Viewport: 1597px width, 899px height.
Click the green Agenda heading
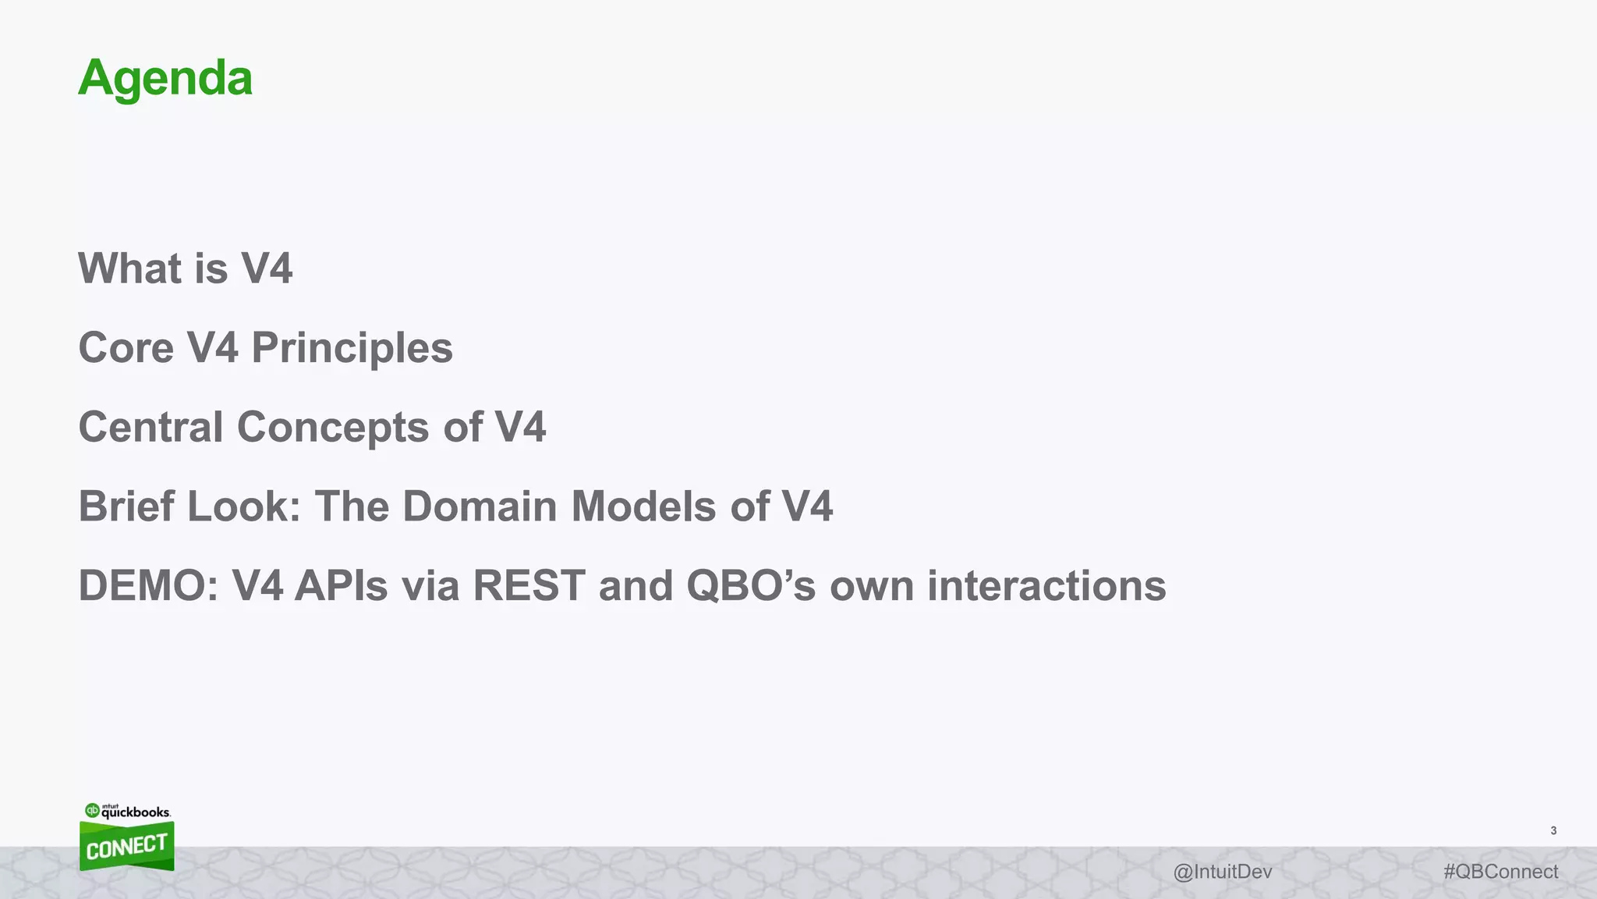(x=165, y=78)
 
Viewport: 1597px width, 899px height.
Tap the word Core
(x=126, y=348)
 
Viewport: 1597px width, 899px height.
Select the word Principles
(x=352, y=348)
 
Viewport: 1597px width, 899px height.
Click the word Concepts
(x=333, y=428)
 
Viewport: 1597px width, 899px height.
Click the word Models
(x=643, y=506)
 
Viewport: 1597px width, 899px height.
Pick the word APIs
(x=341, y=586)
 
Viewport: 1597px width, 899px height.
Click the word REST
(x=529, y=586)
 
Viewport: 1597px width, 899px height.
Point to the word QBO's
(x=751, y=586)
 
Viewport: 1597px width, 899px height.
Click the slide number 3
(x=1553, y=831)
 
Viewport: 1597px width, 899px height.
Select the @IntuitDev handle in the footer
(x=1222, y=872)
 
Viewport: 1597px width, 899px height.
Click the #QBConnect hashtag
(x=1500, y=872)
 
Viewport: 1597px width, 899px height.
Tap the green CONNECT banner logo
(x=126, y=847)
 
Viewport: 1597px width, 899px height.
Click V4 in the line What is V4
(x=267, y=268)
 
